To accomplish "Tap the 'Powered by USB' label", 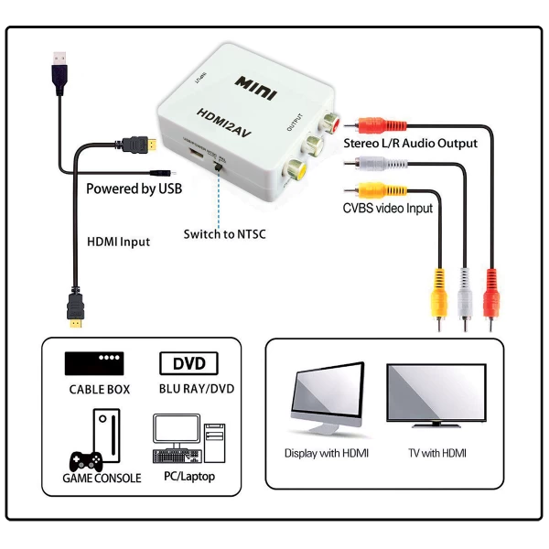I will pos(134,189).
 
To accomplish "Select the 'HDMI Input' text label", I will pos(118,242).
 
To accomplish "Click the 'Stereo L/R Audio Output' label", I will pos(410,144).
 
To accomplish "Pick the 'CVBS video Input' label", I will pos(388,208).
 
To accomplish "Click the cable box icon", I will pos(94,362).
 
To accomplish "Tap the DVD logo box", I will pos(188,363).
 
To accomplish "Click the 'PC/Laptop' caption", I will pos(188,477).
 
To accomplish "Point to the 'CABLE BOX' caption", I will pos(99,389).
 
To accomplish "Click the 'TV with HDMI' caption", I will pos(437,453).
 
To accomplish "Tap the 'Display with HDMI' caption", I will pos(327,453).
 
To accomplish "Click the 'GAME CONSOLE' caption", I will pos(102,478).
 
